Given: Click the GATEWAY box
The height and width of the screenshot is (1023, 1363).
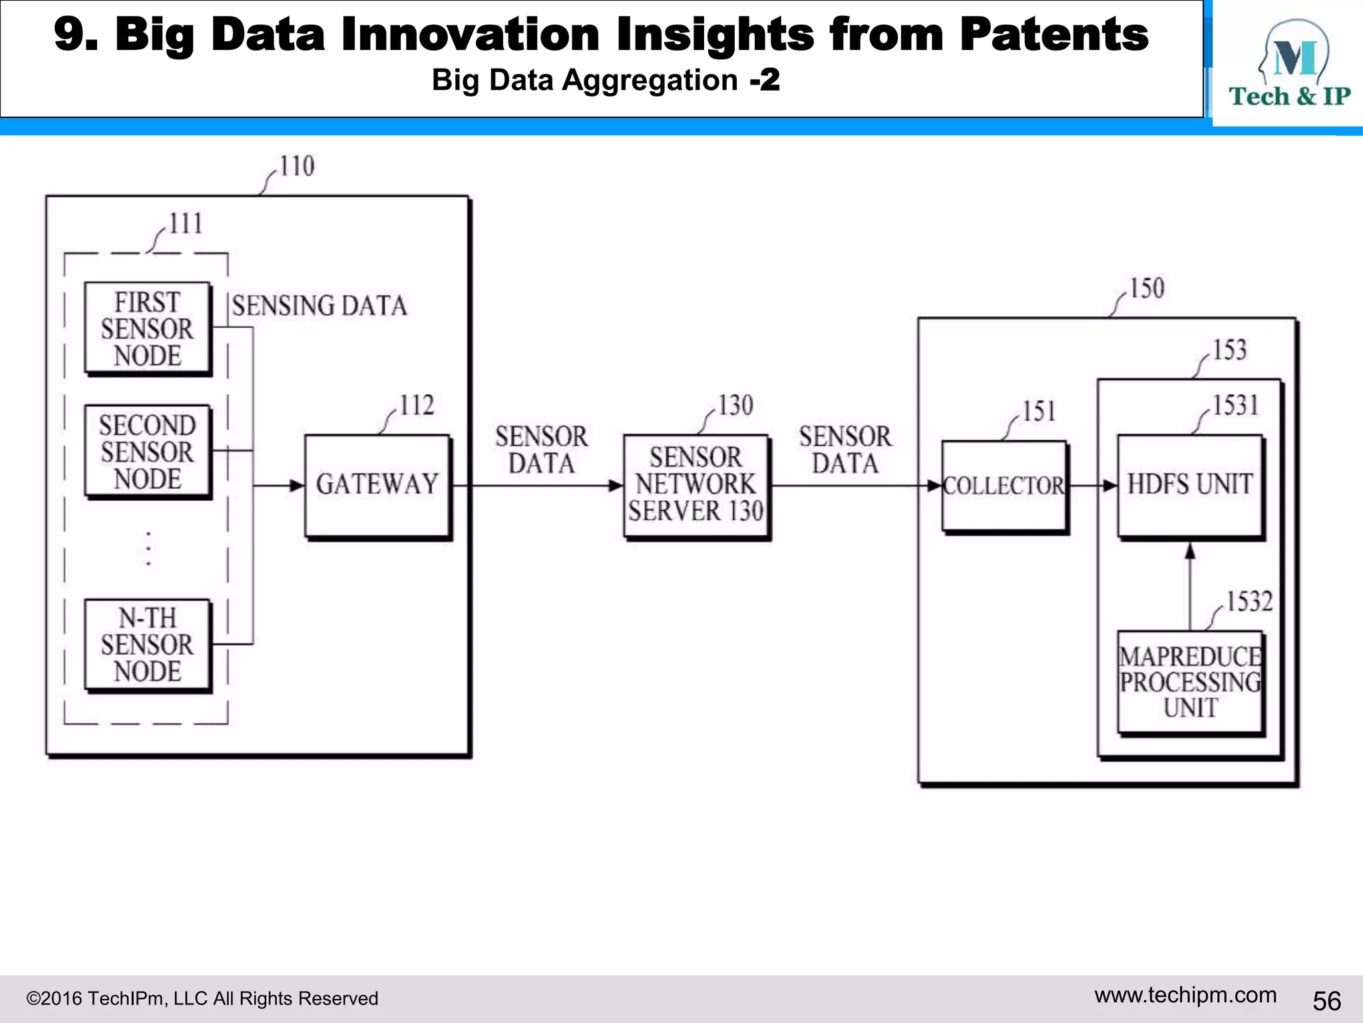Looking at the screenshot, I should [x=377, y=486].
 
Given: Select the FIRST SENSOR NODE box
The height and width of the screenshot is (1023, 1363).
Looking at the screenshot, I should [x=148, y=329].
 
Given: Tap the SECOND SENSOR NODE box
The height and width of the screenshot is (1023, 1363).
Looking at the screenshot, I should [x=148, y=452].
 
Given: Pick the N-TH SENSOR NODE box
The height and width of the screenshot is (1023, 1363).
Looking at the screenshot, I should [x=148, y=645].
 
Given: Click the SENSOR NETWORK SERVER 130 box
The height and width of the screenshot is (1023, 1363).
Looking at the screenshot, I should [x=696, y=486].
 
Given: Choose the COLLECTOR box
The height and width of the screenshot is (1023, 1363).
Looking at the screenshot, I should [x=1004, y=486].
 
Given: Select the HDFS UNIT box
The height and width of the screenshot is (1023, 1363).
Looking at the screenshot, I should [x=1190, y=486].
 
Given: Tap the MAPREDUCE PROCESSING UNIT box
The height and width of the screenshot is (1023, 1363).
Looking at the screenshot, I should [x=1190, y=682].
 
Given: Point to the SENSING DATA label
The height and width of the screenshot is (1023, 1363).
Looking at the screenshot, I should [x=319, y=306].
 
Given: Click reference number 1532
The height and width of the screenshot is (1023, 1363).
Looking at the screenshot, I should [x=1249, y=602].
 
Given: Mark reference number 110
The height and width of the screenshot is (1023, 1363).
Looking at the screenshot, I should [x=297, y=167].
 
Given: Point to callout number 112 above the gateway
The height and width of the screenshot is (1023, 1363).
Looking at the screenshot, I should [x=417, y=406].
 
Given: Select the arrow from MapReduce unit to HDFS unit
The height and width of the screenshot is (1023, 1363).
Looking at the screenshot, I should [x=1190, y=586].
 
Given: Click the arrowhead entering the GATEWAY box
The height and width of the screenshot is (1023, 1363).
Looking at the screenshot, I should [x=296, y=486].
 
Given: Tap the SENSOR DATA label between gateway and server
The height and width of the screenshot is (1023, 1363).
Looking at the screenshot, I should [x=541, y=450].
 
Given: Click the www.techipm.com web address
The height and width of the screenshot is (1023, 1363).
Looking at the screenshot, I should [x=1185, y=995].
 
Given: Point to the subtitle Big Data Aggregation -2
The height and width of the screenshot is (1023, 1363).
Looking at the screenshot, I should [x=606, y=81].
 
